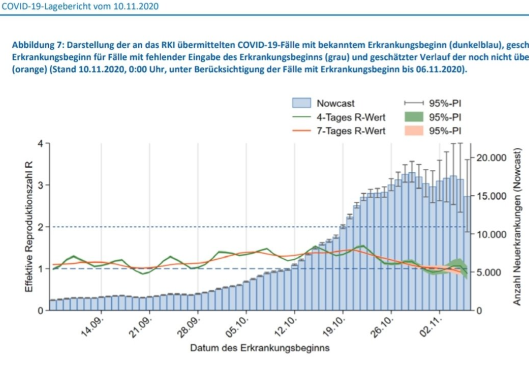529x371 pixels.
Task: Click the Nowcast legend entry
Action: click(x=335, y=103)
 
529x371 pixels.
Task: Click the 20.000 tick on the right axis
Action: click(x=492, y=158)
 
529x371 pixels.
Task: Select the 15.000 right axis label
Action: click(x=492, y=196)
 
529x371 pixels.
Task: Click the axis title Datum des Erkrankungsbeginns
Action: click(x=259, y=348)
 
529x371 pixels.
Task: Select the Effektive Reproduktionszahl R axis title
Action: click(x=29, y=226)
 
